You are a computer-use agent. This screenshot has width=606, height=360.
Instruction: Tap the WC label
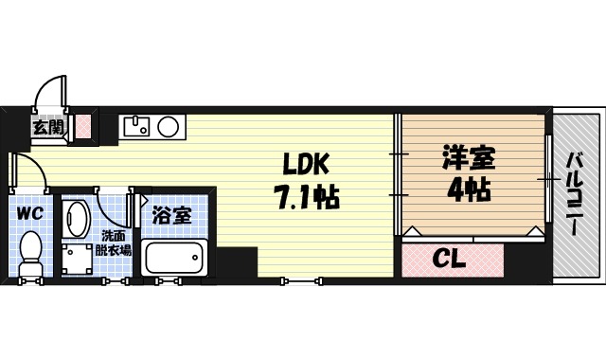(28, 212)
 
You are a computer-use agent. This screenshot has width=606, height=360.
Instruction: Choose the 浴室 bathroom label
(171, 214)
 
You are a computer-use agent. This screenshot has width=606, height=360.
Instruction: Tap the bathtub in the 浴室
(174, 258)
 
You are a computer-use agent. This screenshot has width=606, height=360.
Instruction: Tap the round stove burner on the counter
(169, 126)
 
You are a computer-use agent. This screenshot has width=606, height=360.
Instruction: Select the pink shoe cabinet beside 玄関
(83, 126)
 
